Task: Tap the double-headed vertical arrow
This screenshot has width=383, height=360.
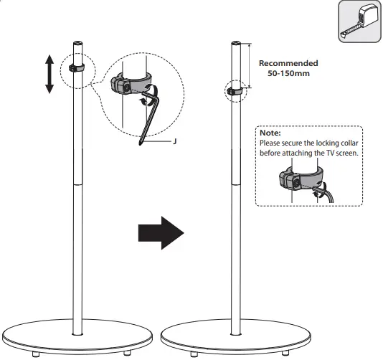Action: point(49,75)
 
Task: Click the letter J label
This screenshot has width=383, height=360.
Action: point(175,142)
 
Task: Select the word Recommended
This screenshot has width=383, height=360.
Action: point(288,63)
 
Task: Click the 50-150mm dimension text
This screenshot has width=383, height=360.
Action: point(288,73)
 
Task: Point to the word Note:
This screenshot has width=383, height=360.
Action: point(270,133)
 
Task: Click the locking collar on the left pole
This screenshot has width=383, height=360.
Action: point(77,68)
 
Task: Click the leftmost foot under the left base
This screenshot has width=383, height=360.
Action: point(34,354)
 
